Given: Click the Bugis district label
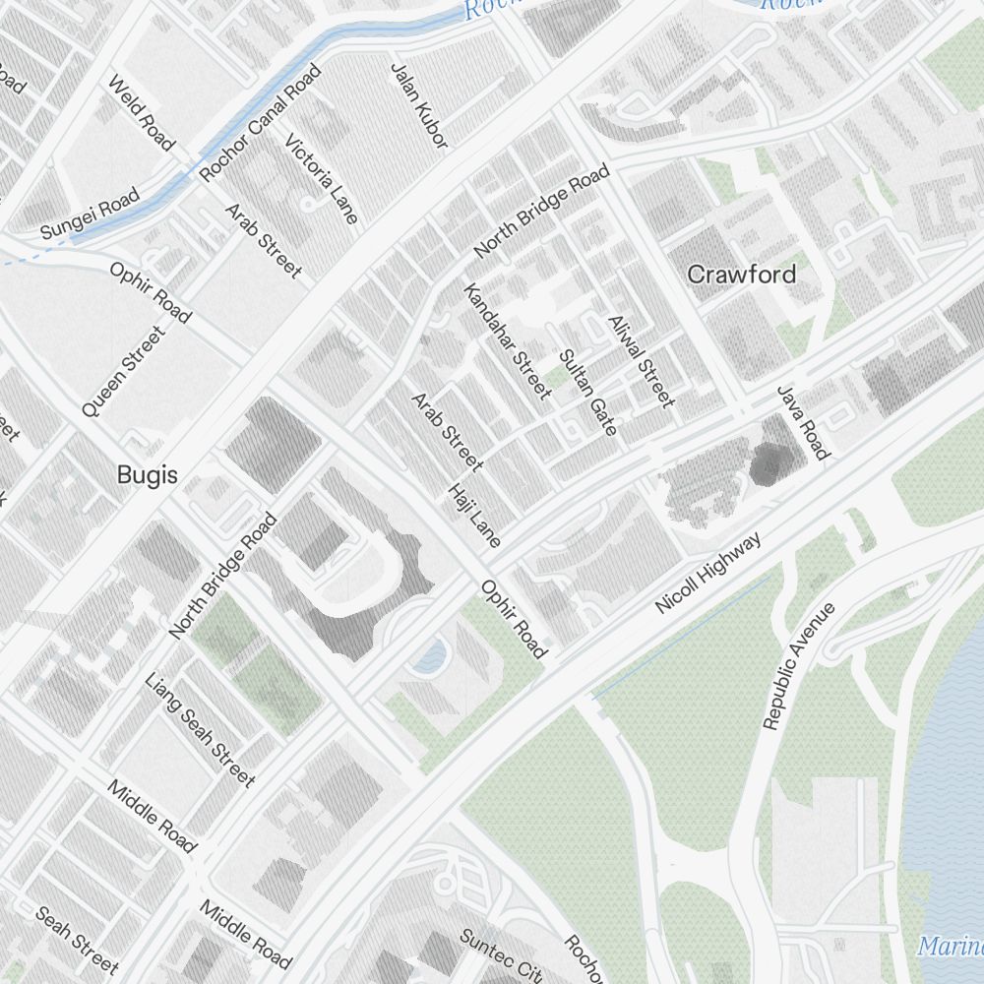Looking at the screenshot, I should coord(148,475).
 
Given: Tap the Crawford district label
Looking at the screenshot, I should coord(741,274).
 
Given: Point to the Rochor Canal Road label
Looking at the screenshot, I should coord(261,123).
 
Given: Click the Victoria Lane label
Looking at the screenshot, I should coord(322,179).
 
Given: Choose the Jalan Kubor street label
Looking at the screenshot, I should coord(419,106).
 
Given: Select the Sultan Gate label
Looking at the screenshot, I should coord(587,393).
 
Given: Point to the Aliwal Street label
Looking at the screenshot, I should coord(641,361).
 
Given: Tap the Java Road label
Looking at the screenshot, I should coord(803,422).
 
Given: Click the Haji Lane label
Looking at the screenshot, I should coord(475,515).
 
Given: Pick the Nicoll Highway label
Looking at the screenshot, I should coord(708,574).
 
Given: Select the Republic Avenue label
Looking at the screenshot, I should coord(798,666).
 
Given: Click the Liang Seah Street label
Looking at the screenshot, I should coord(200,730).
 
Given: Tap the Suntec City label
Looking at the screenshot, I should coord(501,955).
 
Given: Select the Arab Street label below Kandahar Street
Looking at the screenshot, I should coord(447,431).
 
